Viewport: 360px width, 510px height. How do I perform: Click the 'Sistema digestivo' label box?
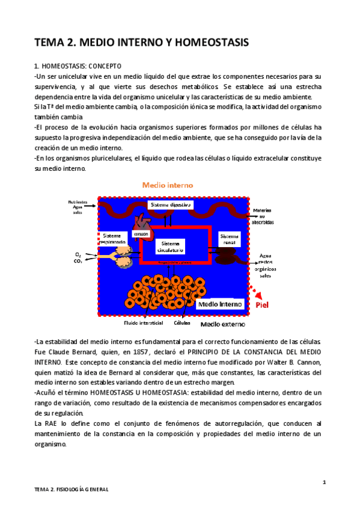[170, 205]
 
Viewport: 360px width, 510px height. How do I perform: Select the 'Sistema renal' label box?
[229, 240]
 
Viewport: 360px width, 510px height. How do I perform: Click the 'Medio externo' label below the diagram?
[219, 324]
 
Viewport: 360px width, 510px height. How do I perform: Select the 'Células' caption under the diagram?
[182, 322]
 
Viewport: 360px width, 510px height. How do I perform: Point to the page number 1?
[323, 482]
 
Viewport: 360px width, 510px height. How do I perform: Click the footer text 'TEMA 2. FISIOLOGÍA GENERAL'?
[71, 490]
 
